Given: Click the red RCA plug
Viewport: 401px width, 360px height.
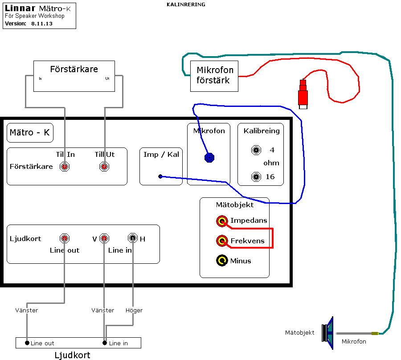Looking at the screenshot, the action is [x=303, y=94].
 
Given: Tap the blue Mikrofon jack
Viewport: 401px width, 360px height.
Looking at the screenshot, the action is [x=209, y=158].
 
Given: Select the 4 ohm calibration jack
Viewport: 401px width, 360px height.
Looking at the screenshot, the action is [x=256, y=150].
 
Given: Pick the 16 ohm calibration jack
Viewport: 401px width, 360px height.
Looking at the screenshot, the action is [x=256, y=177].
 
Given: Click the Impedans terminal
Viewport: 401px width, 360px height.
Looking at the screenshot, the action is [x=222, y=221].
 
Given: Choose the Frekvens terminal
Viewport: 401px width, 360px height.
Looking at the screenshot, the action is [x=222, y=241].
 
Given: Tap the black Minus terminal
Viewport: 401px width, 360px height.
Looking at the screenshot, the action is [x=222, y=261].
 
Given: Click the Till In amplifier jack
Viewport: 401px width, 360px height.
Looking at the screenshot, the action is [x=65, y=167].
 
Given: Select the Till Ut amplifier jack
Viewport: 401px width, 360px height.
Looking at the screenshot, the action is [x=104, y=167].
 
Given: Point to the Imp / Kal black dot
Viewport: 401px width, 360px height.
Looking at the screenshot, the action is [x=160, y=176].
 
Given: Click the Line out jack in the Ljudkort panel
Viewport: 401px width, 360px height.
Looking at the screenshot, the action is [x=65, y=238].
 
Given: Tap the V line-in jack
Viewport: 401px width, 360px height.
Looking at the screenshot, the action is [x=104, y=238].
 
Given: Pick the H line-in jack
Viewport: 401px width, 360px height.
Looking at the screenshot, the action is [x=133, y=238].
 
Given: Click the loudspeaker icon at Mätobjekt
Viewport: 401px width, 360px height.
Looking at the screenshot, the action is [x=327, y=333].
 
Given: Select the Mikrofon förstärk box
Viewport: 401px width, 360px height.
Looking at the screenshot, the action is [x=214, y=76].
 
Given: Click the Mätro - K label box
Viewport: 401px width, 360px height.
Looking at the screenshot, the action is [x=30, y=133].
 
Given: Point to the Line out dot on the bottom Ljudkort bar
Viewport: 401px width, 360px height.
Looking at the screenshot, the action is [x=27, y=343].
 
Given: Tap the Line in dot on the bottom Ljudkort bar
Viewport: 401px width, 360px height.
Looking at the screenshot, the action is [x=105, y=343].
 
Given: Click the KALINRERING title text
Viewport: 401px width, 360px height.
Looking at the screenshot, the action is [x=186, y=4].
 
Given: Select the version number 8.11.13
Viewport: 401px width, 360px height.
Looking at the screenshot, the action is [x=42, y=24].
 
